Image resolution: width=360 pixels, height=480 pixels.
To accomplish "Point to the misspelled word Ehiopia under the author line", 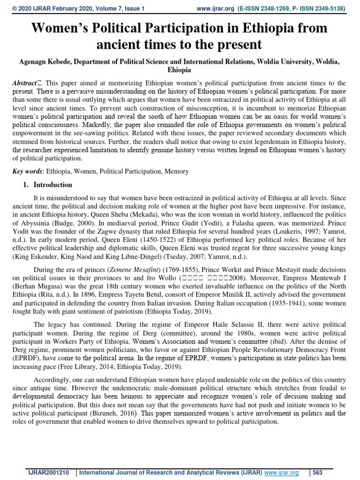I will point(179,70).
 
